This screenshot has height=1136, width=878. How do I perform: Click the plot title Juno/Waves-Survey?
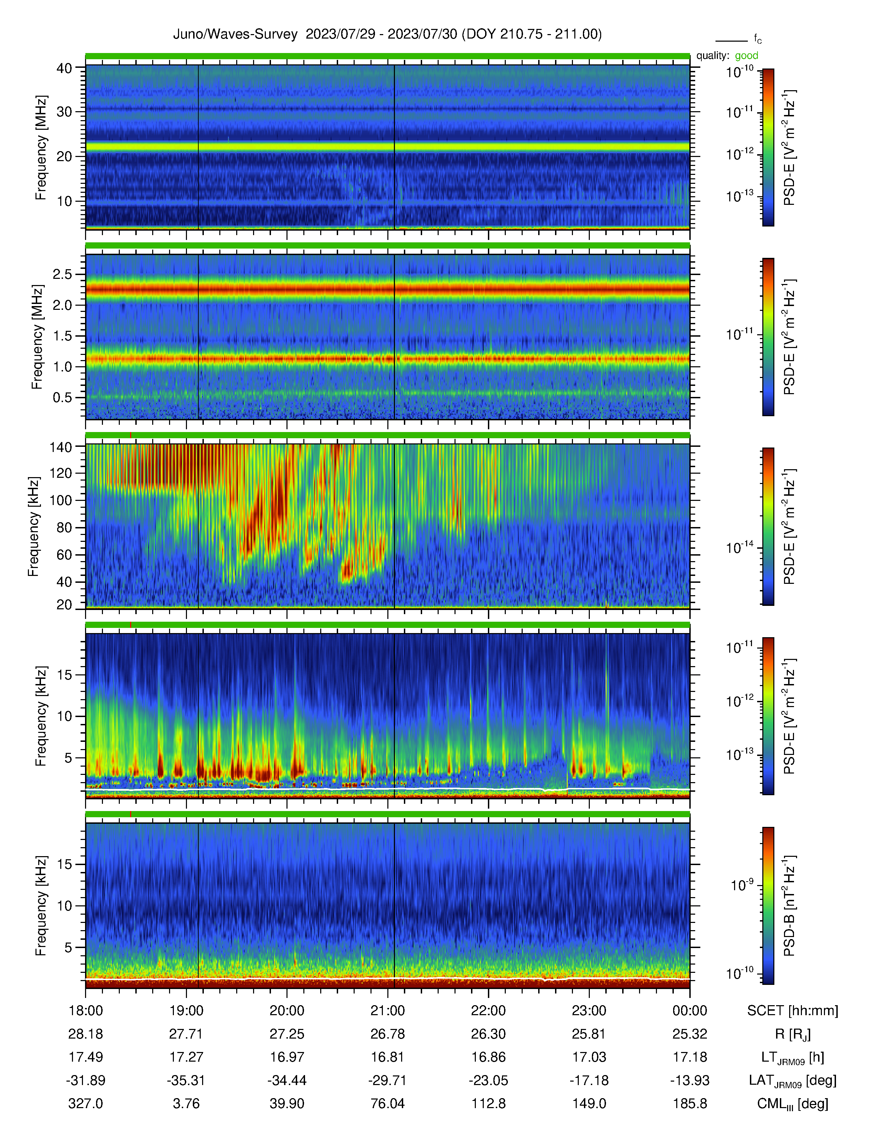235,34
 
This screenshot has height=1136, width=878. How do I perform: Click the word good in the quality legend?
746,56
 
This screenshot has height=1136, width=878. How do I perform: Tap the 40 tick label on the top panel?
64,68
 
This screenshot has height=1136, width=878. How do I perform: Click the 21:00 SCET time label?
387,1011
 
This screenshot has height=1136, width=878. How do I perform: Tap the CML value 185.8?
690,1103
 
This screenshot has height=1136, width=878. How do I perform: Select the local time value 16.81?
387,1057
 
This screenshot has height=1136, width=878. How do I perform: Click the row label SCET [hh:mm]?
793,1011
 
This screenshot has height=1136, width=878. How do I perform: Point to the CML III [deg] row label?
793,1104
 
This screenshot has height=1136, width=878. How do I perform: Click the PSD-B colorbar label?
789,906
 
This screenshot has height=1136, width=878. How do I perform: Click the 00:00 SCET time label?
690,1011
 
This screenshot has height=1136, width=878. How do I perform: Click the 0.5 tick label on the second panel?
62,397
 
